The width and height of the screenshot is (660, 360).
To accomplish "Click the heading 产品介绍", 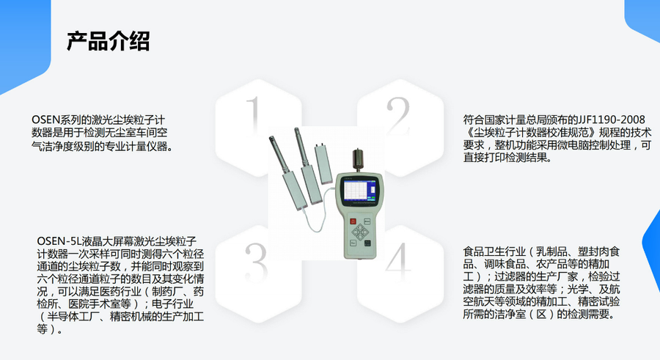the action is [109, 41].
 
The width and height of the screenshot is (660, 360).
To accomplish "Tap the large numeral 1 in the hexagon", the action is [254, 115].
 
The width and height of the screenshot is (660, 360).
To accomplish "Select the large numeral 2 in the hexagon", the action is [397, 116].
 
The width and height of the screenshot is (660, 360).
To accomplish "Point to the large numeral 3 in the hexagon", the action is [257, 262].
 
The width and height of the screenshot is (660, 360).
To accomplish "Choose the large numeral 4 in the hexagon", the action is [398, 262].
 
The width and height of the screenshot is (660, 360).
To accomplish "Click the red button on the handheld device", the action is [353, 221].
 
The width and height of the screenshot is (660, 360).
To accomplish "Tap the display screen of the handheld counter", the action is [359, 191].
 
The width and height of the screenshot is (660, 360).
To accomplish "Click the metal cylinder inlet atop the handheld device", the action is [358, 160].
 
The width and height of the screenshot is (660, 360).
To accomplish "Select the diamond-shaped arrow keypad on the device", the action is [360, 232].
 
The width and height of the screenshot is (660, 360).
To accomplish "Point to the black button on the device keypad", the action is [367, 243].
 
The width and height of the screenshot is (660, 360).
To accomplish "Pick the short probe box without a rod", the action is [323, 164].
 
